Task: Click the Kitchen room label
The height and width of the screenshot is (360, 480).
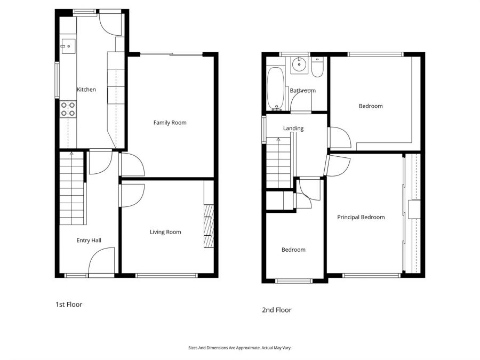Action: pos(86,90)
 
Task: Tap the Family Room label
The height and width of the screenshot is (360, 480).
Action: pos(170,123)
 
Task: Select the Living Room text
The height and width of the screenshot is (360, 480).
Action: pos(165,232)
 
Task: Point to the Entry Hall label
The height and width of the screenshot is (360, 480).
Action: pos(89,241)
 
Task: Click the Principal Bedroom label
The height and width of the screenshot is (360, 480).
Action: pos(361,217)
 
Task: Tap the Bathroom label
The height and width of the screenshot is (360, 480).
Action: pos(302,91)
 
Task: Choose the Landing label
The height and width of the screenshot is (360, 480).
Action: pos(293,129)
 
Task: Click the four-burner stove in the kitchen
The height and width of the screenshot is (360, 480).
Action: pos(68,109)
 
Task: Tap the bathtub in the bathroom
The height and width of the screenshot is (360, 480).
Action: pos(276,88)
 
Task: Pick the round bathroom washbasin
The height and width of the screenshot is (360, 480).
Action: pos(299,66)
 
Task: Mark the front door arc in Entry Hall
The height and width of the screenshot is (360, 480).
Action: pos(101,261)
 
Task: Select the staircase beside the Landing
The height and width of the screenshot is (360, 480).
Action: pos(278,162)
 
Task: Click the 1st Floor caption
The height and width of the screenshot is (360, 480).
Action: pos(69,305)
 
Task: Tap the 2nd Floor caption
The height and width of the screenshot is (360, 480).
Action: pos(276,310)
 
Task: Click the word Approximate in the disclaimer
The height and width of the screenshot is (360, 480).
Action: pos(247,348)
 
